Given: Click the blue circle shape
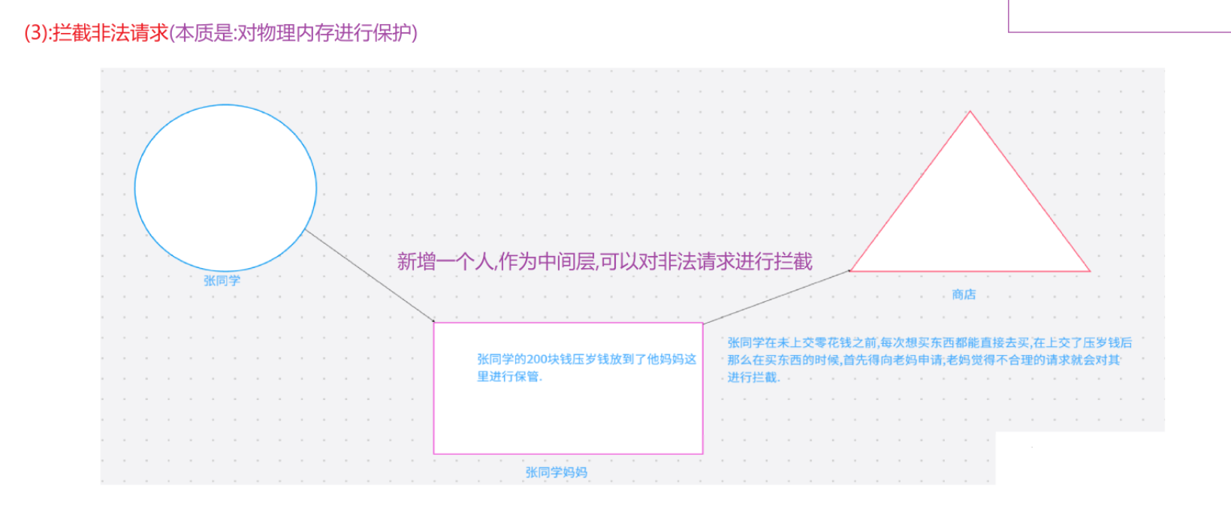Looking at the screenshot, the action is point(225,188).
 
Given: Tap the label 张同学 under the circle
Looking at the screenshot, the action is point(222,281).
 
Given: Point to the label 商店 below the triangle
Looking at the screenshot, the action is point(964,295).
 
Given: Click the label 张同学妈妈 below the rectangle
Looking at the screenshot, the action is point(556,472).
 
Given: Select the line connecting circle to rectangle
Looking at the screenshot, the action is point(368,276).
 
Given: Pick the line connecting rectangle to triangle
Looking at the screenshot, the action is point(776,297).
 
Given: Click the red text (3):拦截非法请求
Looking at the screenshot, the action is point(96,33).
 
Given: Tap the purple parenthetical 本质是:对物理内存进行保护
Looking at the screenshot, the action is point(294,33).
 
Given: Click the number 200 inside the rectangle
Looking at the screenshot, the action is point(537,360).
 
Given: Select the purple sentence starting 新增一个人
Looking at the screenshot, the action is point(605,261).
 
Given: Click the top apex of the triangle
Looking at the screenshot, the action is point(970,112).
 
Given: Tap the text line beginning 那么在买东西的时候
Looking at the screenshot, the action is point(923,360).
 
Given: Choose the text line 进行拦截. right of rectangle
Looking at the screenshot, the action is point(753,378).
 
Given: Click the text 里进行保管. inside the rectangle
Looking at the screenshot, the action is point(509,377).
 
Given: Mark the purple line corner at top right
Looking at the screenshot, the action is point(1009,32).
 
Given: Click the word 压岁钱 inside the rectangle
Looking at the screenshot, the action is point(591,360).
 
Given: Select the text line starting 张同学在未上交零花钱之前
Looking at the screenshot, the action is point(929,343).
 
